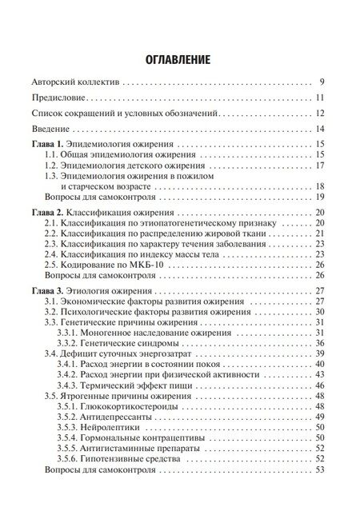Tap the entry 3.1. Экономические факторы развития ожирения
143,301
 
